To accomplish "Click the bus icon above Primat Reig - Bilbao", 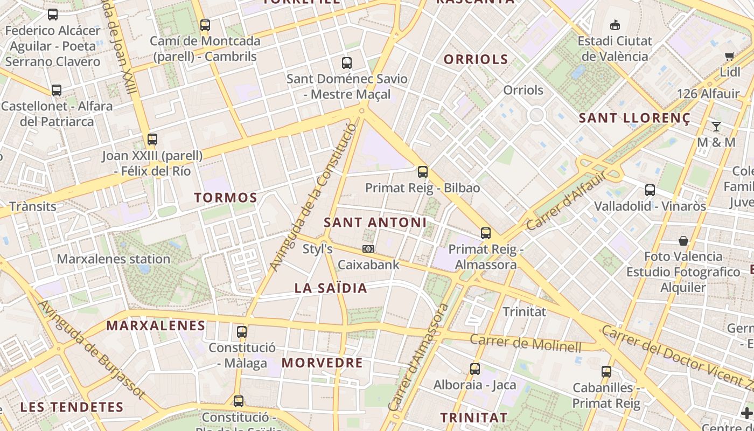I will [423, 172].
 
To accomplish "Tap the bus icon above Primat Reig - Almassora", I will [486, 233].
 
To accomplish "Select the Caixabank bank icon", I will [368, 249].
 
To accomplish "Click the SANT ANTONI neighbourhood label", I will [375, 222].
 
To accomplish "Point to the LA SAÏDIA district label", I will [331, 288].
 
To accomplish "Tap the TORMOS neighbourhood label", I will [226, 197].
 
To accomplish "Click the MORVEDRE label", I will [322, 363].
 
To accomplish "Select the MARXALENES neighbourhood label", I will [156, 325].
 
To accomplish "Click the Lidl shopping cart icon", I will [730, 56].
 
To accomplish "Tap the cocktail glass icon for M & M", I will [716, 127].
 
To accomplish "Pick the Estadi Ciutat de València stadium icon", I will [615, 25].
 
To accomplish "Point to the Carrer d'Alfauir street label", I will [566, 200].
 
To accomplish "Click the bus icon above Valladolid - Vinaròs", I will [650, 190].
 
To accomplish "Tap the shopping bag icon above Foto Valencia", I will [683, 240].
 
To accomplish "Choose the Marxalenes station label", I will [114, 259].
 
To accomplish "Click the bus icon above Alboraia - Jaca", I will [474, 369].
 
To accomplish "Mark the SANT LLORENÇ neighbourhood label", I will [634, 118].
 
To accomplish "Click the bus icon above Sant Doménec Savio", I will [347, 62].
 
